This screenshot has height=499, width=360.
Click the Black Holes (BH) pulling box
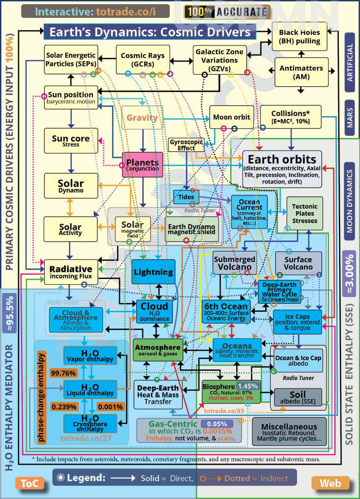coord(299,37)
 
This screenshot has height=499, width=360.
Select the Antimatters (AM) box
coord(301,72)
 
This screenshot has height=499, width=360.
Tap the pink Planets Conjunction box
coord(143,165)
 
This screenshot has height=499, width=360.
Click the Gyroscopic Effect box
coord(186,145)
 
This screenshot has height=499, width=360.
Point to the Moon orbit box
coord(232,117)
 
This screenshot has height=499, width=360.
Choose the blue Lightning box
coord(153,272)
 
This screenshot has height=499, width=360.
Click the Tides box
coord(186,197)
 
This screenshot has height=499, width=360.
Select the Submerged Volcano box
coord(235,263)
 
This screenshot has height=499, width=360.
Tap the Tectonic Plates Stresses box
coord(304,213)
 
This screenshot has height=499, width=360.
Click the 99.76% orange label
coord(63,373)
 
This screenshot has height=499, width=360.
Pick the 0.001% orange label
coord(110,407)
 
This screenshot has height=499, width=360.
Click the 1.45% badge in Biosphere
coord(248,386)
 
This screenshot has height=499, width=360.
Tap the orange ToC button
coord(30,483)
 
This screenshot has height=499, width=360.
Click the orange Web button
coord(330,483)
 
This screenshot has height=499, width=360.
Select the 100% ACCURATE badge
coord(227,12)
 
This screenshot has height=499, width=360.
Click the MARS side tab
coord(350,118)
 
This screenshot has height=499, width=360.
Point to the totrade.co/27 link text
coord(86,438)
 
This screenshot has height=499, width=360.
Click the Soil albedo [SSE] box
coord(298,398)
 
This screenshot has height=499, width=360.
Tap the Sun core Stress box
coord(71,141)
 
